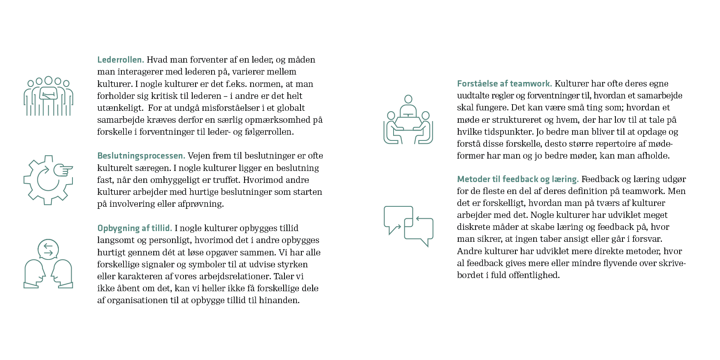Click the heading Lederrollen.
click(121, 60)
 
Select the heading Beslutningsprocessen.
click(141, 156)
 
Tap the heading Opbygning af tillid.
click(135, 228)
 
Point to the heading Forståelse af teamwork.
click(504, 84)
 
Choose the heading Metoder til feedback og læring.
click(518, 179)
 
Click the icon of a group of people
click(48, 96)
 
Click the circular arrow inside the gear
click(47, 180)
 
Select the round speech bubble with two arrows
click(48, 249)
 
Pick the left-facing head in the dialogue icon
click(61, 273)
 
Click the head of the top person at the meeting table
click(408, 99)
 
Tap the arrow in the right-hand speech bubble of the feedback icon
click(423, 219)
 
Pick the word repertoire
click(616, 144)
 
